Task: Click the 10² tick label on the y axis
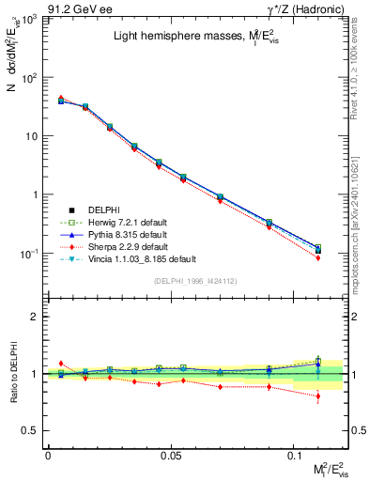[28, 78]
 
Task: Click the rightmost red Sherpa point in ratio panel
[318, 396]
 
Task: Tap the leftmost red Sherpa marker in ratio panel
[61, 363]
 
